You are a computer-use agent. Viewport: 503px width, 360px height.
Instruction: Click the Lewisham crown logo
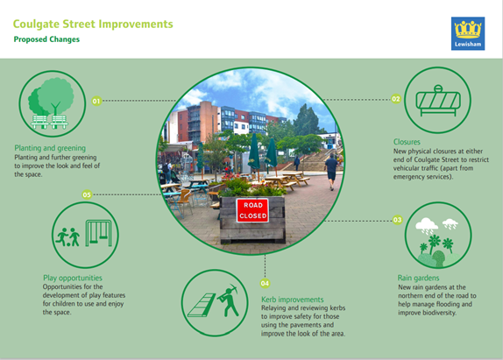[468, 33]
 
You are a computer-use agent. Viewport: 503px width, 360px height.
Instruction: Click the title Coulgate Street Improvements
[93, 25]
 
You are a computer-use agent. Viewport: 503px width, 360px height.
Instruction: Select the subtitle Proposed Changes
[46, 39]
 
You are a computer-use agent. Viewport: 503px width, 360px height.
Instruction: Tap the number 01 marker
[96, 101]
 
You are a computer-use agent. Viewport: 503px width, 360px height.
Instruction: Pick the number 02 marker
[396, 99]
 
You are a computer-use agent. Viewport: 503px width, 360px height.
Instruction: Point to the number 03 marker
[397, 220]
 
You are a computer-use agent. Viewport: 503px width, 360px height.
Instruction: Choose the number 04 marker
[265, 284]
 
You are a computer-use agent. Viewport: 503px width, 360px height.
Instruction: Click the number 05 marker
[87, 194]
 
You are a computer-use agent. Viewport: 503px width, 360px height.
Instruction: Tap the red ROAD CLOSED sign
[252, 210]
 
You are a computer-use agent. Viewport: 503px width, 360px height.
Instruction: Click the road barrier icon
[438, 101]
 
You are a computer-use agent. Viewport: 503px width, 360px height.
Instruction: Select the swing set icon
[98, 233]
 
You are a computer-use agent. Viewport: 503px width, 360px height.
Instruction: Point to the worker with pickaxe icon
[229, 300]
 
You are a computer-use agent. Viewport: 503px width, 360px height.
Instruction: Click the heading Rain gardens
[418, 278]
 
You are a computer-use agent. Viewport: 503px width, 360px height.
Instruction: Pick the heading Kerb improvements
[292, 300]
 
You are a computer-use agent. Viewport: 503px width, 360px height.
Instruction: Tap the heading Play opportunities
[73, 278]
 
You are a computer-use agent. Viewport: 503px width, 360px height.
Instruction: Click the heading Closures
[407, 142]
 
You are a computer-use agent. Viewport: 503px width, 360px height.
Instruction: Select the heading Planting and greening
[50, 148]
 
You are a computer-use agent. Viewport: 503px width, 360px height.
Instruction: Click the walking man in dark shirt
[330, 172]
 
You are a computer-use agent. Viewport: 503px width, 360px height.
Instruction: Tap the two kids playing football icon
[67, 237]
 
